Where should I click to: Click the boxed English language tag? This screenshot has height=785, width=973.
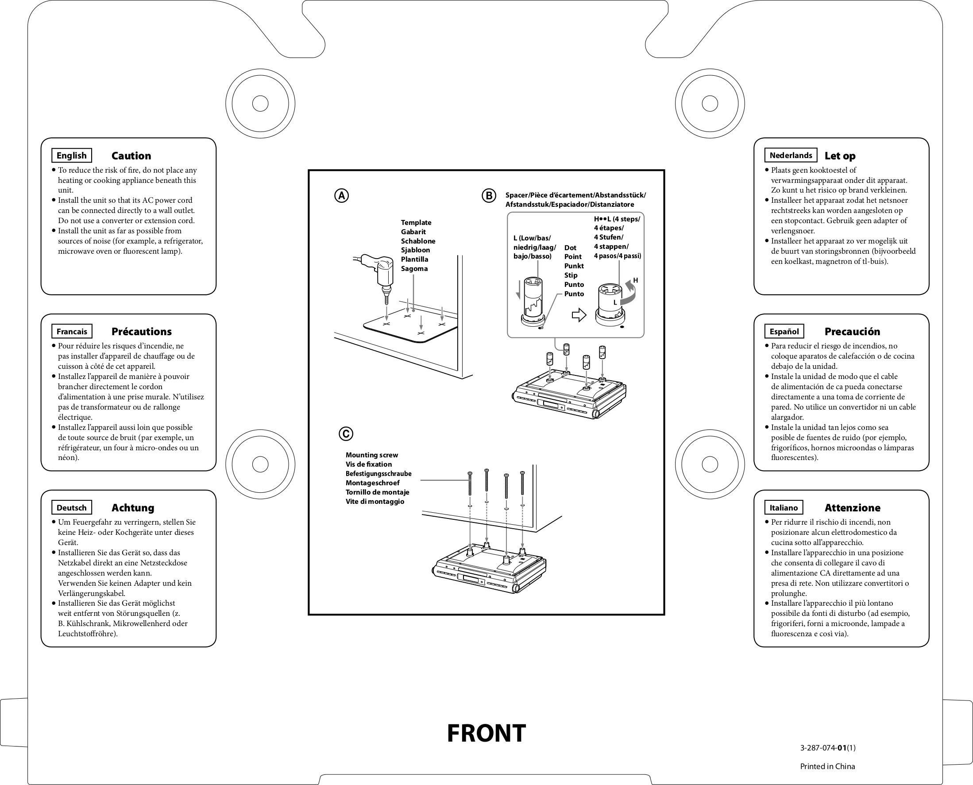tap(71, 155)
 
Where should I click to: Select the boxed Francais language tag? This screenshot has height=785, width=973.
tap(71, 332)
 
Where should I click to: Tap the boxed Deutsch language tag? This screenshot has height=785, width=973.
tap(71, 508)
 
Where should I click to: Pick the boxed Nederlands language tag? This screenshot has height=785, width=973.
tap(790, 155)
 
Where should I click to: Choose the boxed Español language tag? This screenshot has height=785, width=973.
tap(784, 332)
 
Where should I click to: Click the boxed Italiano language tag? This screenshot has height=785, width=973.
tap(784, 508)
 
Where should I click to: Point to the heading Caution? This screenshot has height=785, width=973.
tap(131, 156)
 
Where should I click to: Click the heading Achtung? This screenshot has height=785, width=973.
tap(132, 508)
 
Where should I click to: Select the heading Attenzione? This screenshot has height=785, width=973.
tap(852, 508)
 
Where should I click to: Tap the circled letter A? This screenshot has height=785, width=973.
tap(341, 196)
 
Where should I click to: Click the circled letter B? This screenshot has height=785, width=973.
tap(489, 196)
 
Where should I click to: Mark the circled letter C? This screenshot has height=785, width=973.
tap(346, 433)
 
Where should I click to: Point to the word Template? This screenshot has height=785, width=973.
tap(416, 222)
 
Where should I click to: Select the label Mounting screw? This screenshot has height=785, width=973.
tap(372, 455)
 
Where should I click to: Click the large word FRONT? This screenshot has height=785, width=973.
tap(486, 733)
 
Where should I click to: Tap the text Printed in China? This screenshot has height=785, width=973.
tap(827, 766)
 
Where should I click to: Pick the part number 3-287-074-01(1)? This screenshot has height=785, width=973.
tap(827, 748)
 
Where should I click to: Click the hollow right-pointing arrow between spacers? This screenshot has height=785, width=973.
tap(579, 315)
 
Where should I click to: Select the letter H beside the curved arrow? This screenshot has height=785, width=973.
tap(635, 280)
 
